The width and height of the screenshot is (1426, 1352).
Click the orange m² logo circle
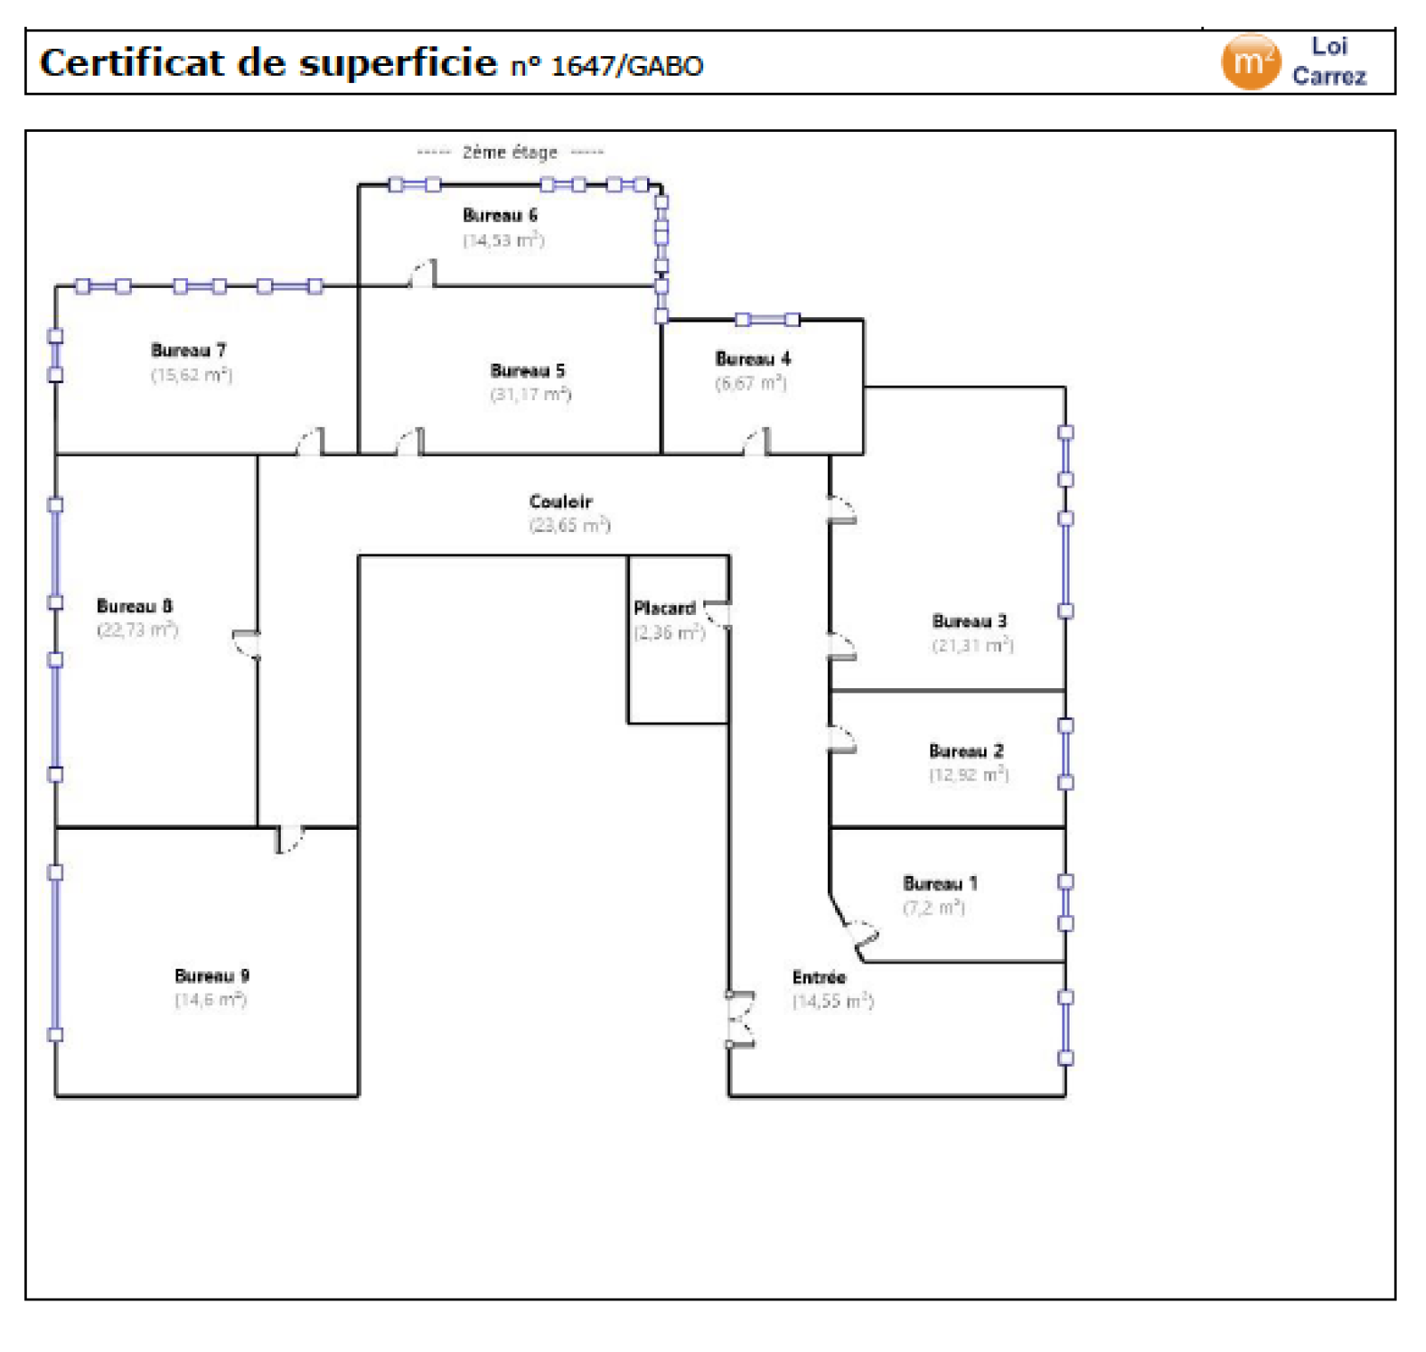1250,62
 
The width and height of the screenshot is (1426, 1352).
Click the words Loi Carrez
1329,61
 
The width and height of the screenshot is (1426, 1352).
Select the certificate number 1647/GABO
627,66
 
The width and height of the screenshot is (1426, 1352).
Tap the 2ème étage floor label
510,152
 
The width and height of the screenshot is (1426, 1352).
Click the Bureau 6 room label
500,216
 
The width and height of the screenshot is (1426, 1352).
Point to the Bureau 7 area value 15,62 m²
192,375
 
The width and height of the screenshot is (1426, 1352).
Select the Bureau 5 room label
528,371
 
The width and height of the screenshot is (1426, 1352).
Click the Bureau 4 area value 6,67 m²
750,383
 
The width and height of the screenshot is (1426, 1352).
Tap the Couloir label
561,502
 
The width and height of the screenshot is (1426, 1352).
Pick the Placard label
664,609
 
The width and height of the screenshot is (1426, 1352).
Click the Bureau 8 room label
135,606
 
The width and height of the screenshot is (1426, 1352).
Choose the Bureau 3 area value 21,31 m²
972,644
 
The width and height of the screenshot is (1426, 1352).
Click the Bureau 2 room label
966,751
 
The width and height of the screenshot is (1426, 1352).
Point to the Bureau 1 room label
940,884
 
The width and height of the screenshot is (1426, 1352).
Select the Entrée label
819,978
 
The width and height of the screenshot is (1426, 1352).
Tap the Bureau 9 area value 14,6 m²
210,1000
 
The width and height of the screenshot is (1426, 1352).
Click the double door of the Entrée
740,1019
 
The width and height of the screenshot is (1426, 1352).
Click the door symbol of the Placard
718,615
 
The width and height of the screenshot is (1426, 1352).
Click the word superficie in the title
397,63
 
